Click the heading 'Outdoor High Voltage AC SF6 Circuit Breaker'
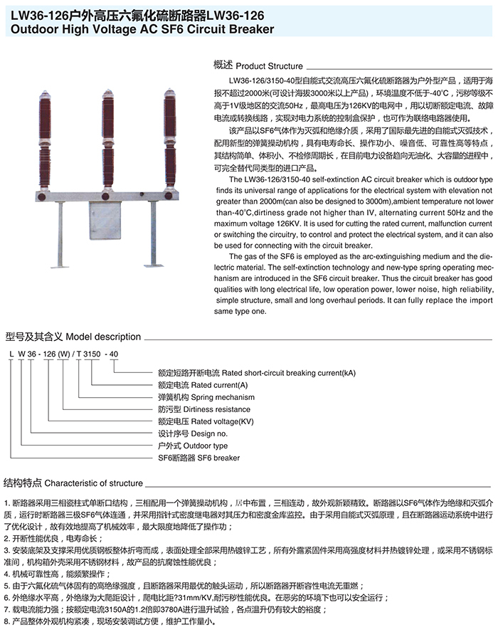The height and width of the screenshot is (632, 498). [x=142, y=29]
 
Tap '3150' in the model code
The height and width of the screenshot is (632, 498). [x=92, y=354]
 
